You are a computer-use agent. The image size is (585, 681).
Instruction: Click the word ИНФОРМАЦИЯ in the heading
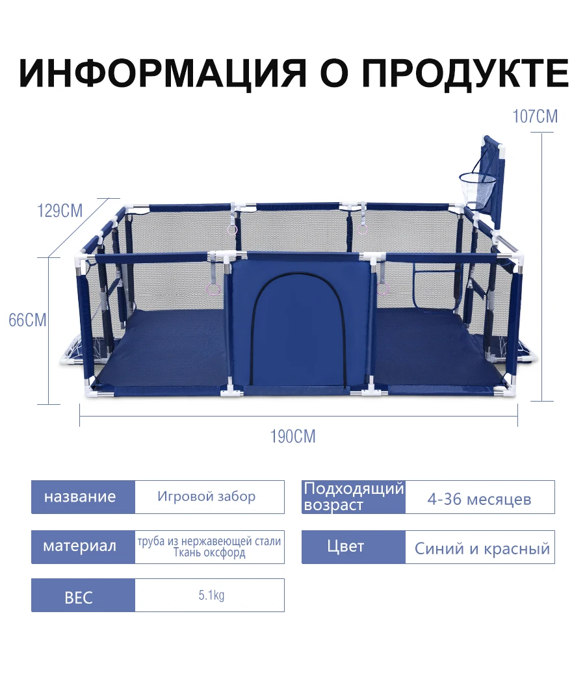(x=163, y=72)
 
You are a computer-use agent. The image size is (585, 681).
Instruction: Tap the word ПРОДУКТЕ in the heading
(x=465, y=73)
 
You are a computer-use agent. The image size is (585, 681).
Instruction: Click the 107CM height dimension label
(x=535, y=116)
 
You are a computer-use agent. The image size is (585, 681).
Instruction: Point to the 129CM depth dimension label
(x=60, y=211)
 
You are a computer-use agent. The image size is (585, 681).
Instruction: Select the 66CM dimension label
(x=27, y=320)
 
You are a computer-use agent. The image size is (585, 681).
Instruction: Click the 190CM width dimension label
(x=292, y=437)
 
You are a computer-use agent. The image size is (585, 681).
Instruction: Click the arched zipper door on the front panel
(x=300, y=329)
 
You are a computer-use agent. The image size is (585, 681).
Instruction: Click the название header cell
(x=83, y=497)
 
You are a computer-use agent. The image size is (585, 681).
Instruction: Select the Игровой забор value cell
(x=210, y=497)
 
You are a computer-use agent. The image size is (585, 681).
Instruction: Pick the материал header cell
(x=83, y=546)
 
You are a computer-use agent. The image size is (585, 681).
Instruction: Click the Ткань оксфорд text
(x=209, y=553)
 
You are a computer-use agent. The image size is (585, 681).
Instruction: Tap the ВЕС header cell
(x=83, y=595)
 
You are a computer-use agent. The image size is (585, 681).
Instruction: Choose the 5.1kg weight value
(x=211, y=595)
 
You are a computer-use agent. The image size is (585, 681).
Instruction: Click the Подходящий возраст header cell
(x=354, y=497)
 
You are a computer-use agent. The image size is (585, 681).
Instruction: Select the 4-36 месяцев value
(x=479, y=500)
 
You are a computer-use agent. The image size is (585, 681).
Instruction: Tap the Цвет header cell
(x=354, y=546)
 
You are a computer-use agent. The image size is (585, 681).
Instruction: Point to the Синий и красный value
(x=482, y=549)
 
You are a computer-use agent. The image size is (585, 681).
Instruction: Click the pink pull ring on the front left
(x=214, y=290)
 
